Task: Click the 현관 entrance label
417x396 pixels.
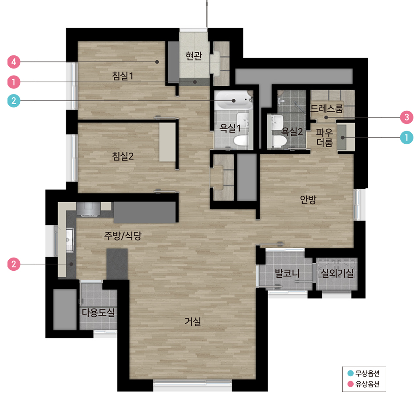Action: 194,55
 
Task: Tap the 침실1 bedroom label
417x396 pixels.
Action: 122,76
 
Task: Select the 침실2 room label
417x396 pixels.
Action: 123,156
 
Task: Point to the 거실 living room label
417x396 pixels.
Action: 193,321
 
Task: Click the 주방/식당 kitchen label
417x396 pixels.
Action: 123,236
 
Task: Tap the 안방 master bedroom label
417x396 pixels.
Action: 308,199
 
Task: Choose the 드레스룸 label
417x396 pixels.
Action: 327,109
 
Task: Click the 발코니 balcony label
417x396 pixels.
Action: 287,273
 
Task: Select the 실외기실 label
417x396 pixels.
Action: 337,273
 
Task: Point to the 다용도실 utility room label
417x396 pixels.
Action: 98,312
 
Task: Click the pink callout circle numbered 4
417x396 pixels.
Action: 14,62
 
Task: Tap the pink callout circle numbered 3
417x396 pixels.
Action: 406,117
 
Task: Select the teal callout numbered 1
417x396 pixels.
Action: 406,138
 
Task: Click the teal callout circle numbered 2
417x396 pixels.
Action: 14,101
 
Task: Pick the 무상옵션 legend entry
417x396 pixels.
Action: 364,374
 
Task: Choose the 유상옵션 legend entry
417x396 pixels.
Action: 364,384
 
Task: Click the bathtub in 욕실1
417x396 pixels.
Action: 233,100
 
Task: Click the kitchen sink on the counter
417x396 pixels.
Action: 69,240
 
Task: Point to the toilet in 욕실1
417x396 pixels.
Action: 241,140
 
